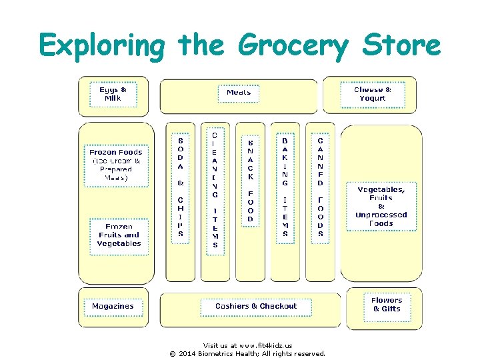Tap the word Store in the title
point(401,45)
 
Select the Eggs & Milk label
point(113,94)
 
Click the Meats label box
point(239,93)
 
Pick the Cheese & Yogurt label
point(373,94)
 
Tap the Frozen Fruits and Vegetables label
point(119,235)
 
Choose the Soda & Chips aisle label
point(181,187)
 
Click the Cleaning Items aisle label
point(215,189)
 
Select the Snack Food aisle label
point(251,180)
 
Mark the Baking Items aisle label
point(285,187)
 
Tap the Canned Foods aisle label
point(321,187)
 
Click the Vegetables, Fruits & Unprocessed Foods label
point(381,206)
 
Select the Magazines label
point(113,307)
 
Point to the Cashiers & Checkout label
point(256,307)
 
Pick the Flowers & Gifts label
point(387,305)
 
